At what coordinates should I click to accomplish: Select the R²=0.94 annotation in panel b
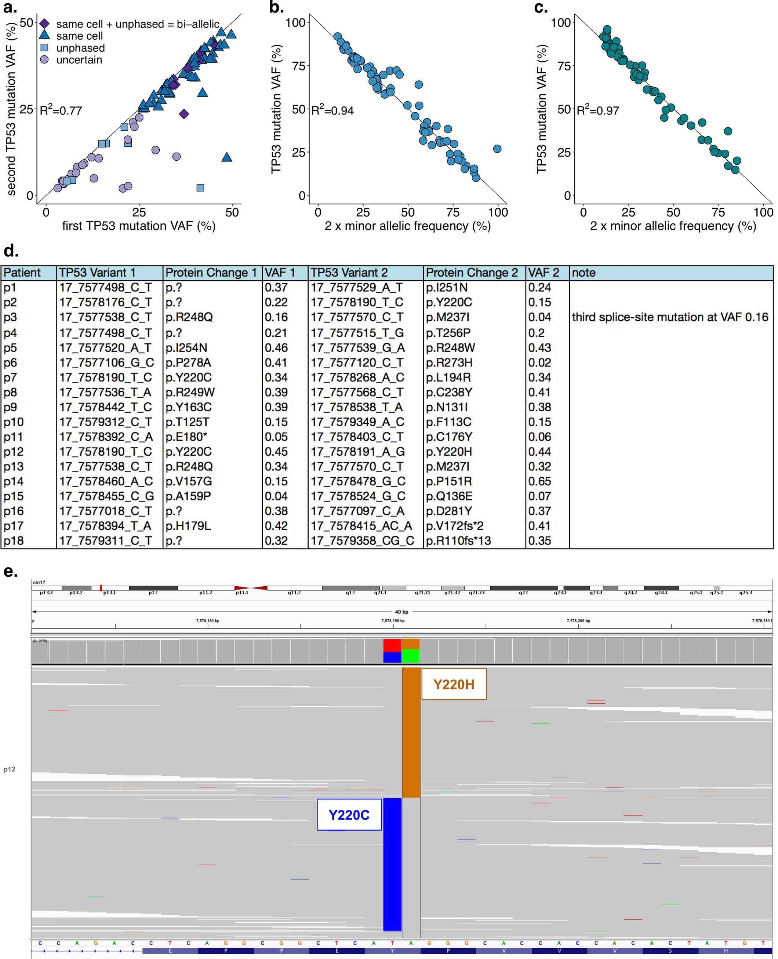point(332,110)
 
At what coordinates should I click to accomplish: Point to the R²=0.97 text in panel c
point(597,110)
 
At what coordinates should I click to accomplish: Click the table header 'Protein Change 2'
point(472,273)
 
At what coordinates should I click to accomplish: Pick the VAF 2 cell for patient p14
point(539,481)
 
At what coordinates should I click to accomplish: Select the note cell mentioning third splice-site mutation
point(669,317)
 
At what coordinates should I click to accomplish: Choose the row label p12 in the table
point(14,452)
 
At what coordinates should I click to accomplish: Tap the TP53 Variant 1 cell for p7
point(105,377)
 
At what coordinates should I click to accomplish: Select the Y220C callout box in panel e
point(349,815)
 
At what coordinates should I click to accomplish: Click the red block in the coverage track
point(392,645)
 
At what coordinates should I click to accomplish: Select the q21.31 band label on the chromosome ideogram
point(422,592)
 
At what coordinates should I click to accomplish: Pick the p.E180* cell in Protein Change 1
point(186,437)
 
